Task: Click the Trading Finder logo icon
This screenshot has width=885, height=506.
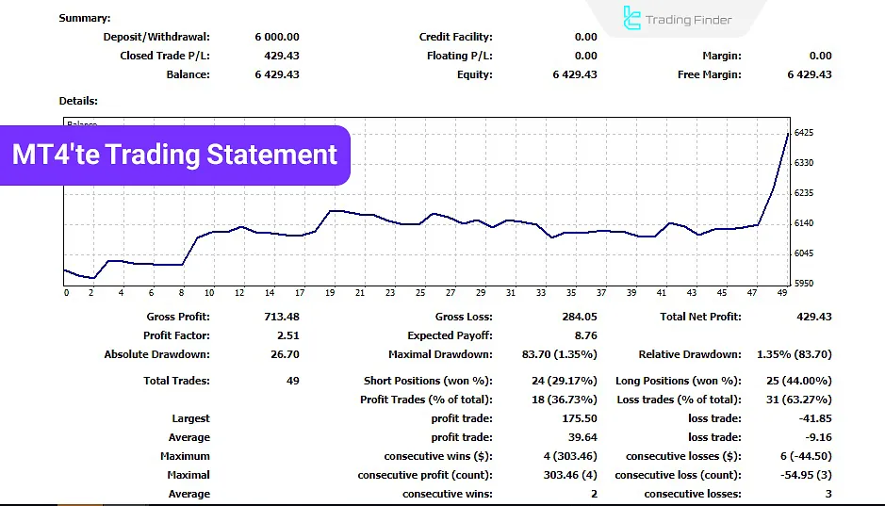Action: click(631, 18)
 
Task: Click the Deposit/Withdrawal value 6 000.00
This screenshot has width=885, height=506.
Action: click(276, 37)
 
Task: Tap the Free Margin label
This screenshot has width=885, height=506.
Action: click(709, 74)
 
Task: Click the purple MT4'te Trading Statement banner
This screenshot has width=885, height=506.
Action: click(175, 155)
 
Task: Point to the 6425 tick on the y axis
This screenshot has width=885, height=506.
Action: click(805, 133)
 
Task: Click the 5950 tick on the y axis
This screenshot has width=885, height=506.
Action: click(805, 283)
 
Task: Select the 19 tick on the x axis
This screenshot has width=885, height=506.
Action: click(330, 293)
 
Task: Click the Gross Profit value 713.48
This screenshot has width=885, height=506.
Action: click(281, 317)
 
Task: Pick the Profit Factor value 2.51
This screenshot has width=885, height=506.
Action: click(287, 335)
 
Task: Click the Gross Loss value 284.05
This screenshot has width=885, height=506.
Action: click(579, 317)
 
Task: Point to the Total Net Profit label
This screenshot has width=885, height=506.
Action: click(700, 317)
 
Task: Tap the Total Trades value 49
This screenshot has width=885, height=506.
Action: click(292, 381)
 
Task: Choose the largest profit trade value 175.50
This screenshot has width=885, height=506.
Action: click(579, 418)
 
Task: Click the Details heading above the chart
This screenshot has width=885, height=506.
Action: click(78, 101)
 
